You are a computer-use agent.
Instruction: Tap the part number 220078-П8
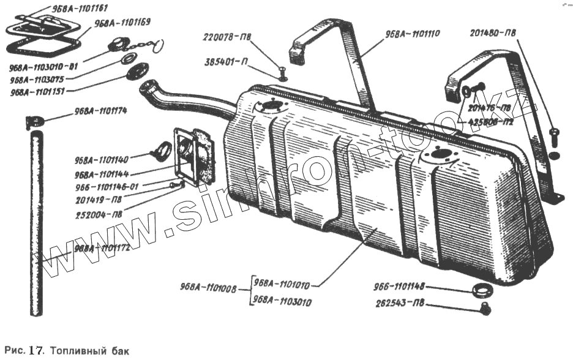(x=227, y=37)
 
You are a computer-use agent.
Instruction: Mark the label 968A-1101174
(x=100, y=111)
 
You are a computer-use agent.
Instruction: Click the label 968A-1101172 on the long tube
(x=100, y=249)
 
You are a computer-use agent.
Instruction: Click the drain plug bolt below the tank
(x=485, y=309)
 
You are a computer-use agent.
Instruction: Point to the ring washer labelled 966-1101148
(x=482, y=288)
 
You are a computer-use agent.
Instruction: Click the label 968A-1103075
(x=39, y=79)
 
